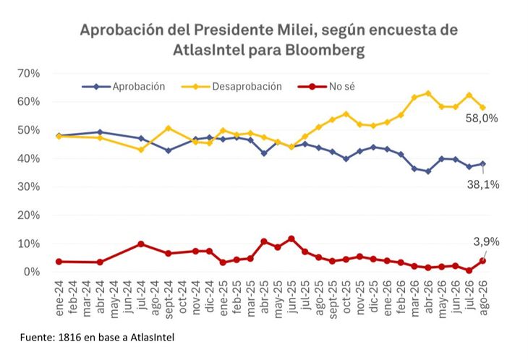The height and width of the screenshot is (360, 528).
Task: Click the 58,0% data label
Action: click(482, 119)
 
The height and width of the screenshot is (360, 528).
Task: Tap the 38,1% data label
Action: click(483, 185)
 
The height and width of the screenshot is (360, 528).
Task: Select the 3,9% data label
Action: click(486, 242)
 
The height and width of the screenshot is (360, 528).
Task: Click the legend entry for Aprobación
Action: click(124, 87)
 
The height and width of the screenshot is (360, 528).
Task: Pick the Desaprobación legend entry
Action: click(231, 87)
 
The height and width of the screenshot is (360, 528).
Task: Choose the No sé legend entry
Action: click(326, 87)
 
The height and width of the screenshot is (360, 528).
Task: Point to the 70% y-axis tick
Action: click(29, 73)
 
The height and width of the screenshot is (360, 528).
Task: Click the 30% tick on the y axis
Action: click(29, 187)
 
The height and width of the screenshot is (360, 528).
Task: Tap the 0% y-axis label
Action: click(32, 272)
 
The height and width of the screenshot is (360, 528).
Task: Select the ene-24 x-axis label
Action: click(59, 298)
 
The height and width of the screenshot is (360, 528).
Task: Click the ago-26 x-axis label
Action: click(483, 298)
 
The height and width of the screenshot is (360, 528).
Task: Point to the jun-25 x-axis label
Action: click(291, 297)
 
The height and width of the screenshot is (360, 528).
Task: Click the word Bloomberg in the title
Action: click(325, 51)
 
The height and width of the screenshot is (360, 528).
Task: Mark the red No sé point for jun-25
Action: click(291, 239)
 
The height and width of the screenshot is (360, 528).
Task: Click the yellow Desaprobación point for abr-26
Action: click(428, 93)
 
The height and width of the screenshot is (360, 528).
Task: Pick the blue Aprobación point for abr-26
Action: click(428, 171)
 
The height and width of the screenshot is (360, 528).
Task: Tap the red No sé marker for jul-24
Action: click(142, 244)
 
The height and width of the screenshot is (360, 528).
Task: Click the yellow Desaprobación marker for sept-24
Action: click(169, 128)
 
